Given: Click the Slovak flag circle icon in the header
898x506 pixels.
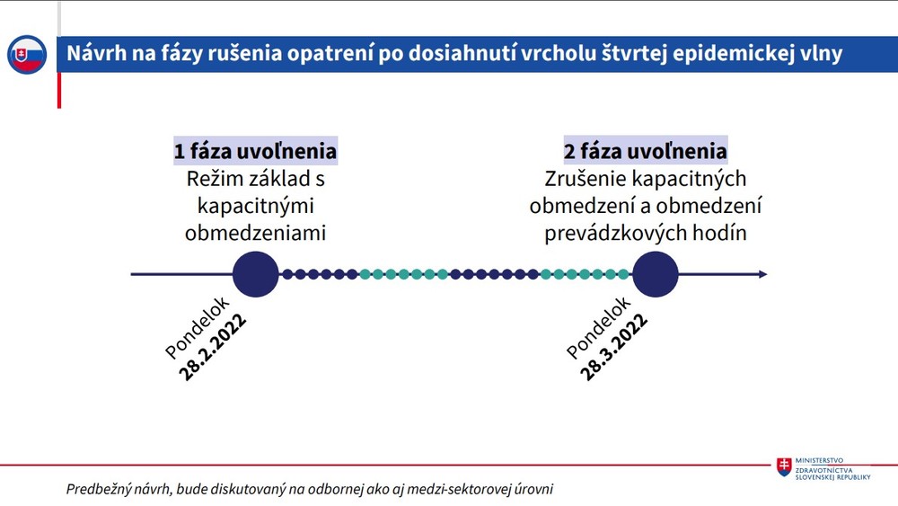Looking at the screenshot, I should click(27, 55).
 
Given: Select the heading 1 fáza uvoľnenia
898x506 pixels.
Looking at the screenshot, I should click(255, 150).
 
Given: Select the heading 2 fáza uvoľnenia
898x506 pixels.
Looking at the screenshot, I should click(646, 150).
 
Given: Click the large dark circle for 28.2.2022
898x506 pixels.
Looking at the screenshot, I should click(255, 274).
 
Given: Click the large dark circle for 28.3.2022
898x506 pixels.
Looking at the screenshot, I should click(656, 274).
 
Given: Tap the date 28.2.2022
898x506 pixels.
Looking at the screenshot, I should click(213, 349).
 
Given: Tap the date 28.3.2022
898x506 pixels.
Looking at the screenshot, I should click(614, 349).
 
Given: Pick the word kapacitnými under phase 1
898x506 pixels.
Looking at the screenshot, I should click(255, 206).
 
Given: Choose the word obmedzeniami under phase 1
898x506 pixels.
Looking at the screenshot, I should click(255, 233).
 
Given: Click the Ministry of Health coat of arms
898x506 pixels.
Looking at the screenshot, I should click(785, 467).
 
